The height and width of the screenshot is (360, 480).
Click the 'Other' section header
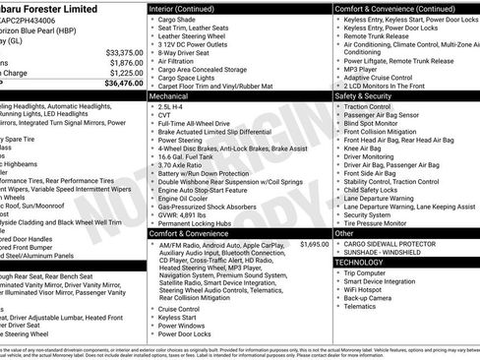coord(342,233)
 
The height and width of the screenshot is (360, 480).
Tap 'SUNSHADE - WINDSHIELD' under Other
coord(387,252)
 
